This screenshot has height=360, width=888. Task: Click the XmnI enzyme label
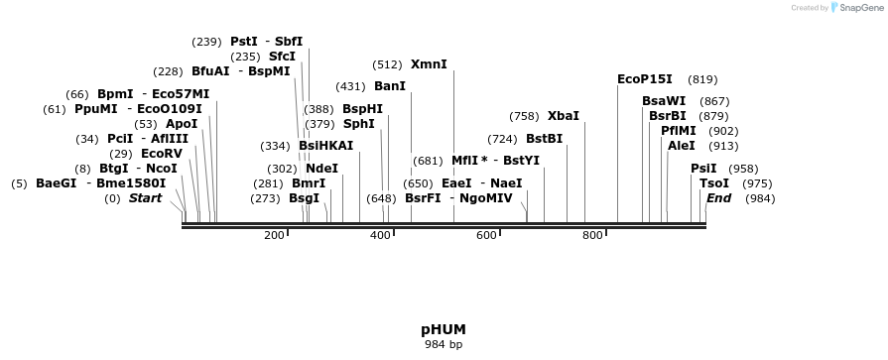(429, 64)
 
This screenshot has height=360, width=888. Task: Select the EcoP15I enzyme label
(644, 79)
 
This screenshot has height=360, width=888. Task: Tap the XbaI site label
(563, 116)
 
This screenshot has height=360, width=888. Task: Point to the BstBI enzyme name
(544, 139)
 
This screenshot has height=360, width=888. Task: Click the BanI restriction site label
(389, 86)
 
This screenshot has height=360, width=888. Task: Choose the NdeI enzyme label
(321, 169)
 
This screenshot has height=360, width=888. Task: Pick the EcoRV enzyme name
(162, 154)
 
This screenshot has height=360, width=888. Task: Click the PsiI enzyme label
(703, 169)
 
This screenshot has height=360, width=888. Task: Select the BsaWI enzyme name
(664, 101)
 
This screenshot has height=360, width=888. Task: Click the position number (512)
(387, 64)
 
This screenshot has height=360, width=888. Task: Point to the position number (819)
(702, 79)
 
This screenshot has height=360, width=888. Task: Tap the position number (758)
(524, 116)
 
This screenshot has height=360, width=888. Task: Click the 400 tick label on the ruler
(379, 235)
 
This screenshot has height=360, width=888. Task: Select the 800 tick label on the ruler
(592, 235)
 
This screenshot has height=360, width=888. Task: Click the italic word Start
(145, 198)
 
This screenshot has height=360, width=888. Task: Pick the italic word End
(718, 198)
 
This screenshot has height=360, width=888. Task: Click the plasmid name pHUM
(444, 329)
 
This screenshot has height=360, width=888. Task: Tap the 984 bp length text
(444, 345)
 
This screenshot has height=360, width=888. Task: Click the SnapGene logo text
(858, 8)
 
